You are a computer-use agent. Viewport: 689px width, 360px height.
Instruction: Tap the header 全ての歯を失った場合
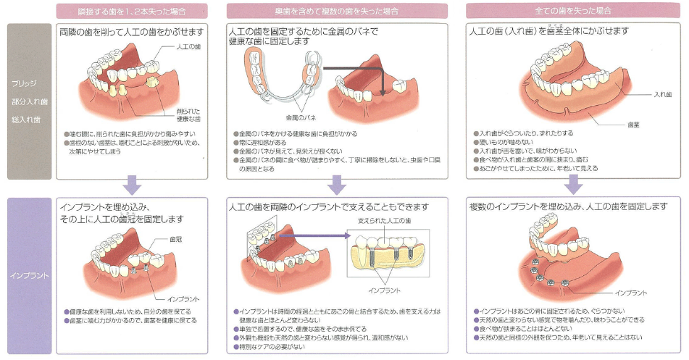(571, 11)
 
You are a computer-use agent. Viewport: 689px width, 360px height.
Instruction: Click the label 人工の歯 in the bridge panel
(188, 46)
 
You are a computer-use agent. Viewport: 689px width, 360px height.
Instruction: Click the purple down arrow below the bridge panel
(131, 185)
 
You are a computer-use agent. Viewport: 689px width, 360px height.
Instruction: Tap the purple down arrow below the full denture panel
(573, 185)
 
